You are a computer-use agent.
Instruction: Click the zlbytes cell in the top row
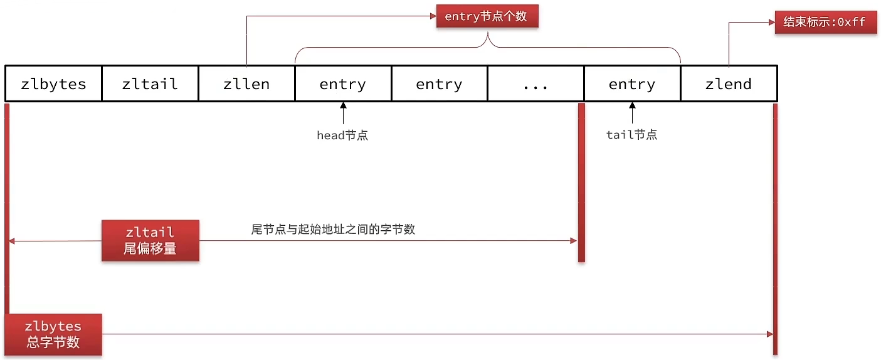tap(53, 84)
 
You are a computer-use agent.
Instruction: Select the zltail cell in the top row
tap(150, 84)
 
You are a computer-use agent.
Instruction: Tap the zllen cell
tap(246, 84)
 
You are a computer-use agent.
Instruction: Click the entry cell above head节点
tap(343, 84)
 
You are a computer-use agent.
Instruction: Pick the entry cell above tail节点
tap(633, 84)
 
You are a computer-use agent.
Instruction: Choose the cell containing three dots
tap(535, 84)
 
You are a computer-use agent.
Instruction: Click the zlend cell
tap(729, 84)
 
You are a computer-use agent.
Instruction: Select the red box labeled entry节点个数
tap(487, 16)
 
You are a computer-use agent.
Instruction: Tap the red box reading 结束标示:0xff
tap(826, 22)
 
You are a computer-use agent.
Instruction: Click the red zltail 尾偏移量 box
tap(150, 240)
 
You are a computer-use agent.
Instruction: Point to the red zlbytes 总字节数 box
tap(53, 334)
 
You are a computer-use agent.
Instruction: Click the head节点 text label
tap(342, 135)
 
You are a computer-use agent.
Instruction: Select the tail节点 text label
tap(631, 135)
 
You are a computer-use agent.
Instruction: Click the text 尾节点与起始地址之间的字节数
tap(333, 229)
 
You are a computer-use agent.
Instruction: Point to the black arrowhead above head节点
tap(344, 105)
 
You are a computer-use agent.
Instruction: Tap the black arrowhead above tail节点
tap(633, 105)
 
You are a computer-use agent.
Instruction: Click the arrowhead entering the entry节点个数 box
tap(433, 16)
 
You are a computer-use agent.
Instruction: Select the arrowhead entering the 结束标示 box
tap(772, 23)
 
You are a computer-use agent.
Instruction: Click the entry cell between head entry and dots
tap(440, 84)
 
